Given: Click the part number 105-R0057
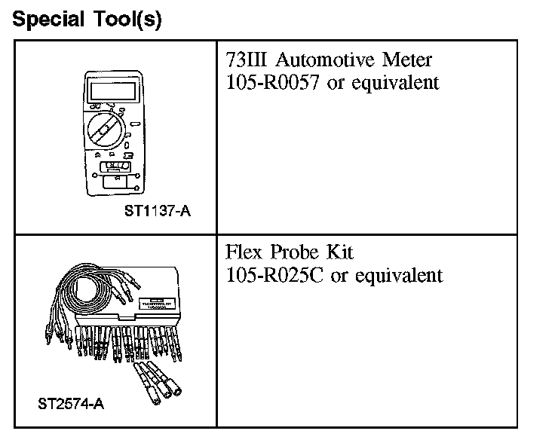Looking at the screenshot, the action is [x=274, y=82].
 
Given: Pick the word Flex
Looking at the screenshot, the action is [x=243, y=252].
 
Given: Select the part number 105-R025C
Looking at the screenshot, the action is [x=275, y=275].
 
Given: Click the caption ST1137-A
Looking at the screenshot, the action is [x=158, y=212].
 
